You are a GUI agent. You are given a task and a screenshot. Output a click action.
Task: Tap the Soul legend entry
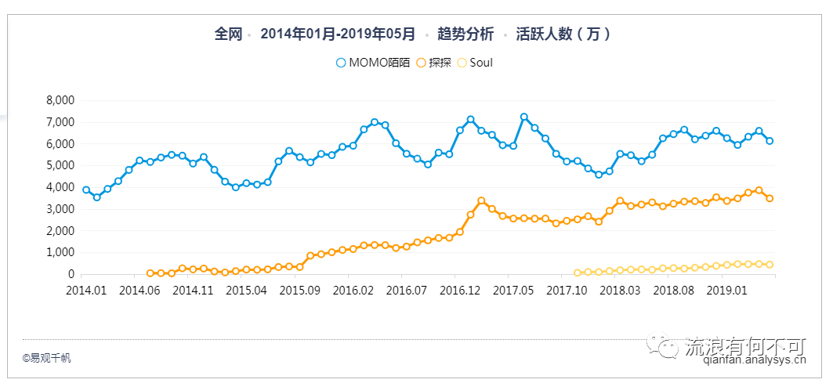pos(475,63)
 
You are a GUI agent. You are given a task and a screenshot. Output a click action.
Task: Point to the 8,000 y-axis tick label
pos(60,100)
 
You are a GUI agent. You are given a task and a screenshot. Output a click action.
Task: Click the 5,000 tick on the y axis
pos(60,165)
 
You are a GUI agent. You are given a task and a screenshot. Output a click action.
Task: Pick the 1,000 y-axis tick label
pos(60,252)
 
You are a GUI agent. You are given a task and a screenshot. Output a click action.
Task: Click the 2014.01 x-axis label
pos(85,289)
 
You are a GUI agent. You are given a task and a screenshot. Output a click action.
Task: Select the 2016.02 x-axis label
pos(352,289)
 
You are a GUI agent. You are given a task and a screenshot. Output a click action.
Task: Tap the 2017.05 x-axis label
pos(513,289)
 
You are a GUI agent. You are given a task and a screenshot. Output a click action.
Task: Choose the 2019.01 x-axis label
pos(726,289)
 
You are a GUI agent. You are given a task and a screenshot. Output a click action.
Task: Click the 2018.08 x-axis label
pos(673,289)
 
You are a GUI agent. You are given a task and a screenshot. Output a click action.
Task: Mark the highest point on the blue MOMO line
pos(524,117)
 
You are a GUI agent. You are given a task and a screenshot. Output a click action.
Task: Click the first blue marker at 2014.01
pos(86,190)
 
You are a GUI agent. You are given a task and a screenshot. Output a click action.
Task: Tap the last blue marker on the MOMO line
pos(770,141)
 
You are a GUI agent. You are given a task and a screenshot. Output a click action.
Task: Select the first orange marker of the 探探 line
pos(150,273)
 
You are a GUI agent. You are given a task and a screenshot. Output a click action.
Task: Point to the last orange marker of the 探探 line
pos(770,198)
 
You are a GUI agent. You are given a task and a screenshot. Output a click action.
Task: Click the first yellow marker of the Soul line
pos(578,273)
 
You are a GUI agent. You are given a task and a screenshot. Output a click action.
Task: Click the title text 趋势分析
pos(465,34)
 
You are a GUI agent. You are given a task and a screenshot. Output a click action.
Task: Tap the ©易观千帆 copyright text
pos(46,358)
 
